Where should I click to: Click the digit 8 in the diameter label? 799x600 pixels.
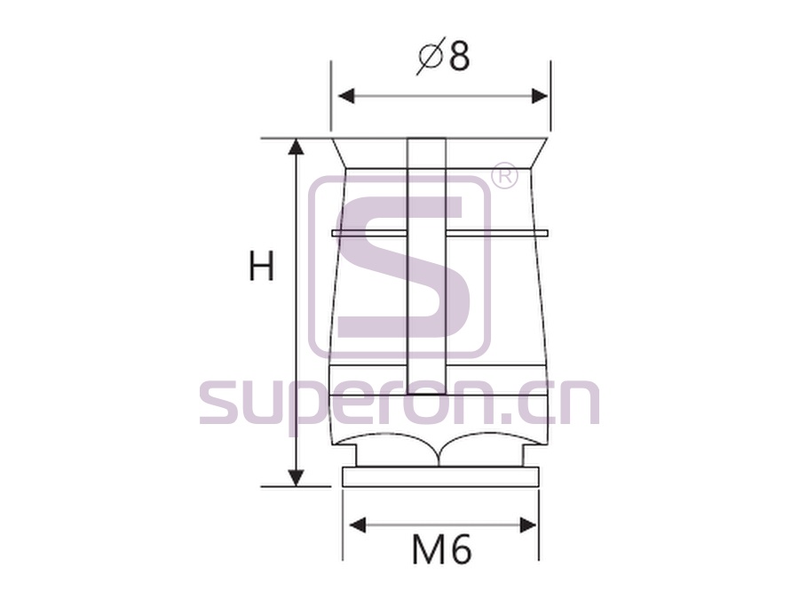click(459, 56)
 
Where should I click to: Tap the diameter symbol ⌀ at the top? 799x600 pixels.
click(431, 56)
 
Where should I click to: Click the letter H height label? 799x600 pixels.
click(261, 266)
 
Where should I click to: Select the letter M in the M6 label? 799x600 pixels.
click(429, 550)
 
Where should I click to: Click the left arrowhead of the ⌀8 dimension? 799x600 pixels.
click(346, 95)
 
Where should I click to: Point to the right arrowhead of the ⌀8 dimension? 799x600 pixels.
click(540, 95)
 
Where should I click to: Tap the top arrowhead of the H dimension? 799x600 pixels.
click(296, 147)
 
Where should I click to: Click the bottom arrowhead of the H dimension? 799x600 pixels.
click(296, 478)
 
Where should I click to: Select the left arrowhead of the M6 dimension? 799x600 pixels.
click(358, 524)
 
